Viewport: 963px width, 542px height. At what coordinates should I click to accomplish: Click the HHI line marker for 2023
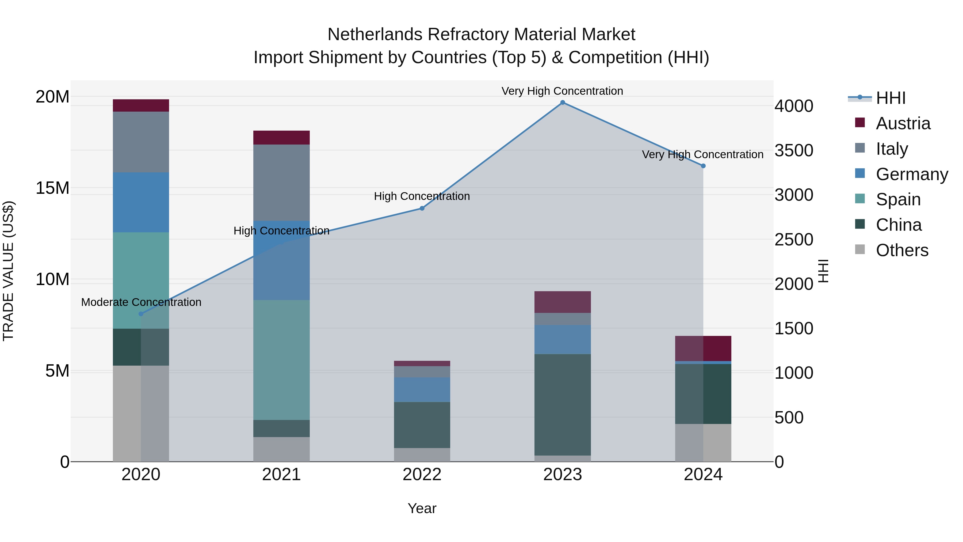coord(562,103)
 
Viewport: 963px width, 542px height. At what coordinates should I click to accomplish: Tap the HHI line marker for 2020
coord(141,314)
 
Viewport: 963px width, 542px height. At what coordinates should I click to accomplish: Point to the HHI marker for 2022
coord(422,208)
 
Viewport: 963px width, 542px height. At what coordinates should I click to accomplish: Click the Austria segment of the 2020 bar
coord(141,105)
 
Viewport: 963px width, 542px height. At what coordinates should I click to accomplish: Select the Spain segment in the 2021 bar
coord(281,359)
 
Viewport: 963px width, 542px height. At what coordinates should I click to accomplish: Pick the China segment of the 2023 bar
coord(562,404)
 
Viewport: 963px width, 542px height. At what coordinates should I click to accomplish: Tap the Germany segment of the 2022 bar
coord(422,389)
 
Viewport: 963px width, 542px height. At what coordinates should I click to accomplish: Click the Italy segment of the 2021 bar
coord(281,183)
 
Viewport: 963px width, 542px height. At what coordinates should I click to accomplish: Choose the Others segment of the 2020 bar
coord(141,413)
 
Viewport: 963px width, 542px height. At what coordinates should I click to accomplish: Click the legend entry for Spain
coord(898,199)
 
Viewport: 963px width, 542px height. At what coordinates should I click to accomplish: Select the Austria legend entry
coord(903,123)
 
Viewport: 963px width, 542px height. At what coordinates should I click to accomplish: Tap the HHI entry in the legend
coord(891,98)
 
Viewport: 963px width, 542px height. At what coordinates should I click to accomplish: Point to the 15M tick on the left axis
coord(52,188)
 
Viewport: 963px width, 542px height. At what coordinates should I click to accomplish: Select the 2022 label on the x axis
coord(422,475)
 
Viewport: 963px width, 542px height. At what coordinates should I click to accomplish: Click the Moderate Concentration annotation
coord(141,302)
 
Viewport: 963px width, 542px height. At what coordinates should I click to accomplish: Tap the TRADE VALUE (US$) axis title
coord(9,271)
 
